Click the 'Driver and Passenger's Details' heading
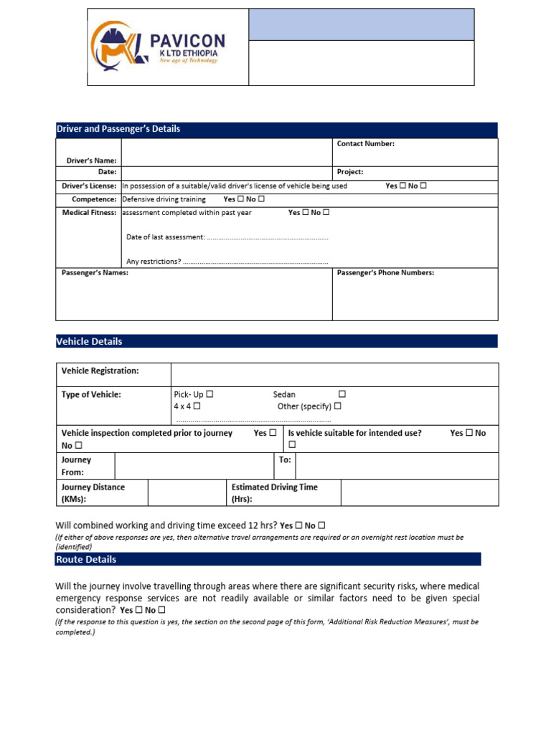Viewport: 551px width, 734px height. coord(118,129)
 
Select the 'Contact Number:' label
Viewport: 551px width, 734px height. coord(366,144)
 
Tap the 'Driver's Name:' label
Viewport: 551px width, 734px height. coord(90,161)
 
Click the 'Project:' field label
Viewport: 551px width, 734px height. coord(350,172)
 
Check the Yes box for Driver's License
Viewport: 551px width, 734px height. coord(402,186)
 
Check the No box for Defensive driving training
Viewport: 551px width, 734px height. coord(261,199)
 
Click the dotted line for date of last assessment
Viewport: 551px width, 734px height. coord(267,237)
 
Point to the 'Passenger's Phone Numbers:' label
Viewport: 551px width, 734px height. coord(385,273)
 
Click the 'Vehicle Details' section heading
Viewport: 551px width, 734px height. coord(89,342)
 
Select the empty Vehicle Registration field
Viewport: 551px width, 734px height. coord(334,374)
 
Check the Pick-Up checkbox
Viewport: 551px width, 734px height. coord(209,395)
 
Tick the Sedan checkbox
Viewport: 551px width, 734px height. coord(342,394)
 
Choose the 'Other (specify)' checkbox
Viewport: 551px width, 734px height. coord(337,406)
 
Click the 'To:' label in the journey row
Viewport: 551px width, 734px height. coord(285,460)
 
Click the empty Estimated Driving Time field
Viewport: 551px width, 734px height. coord(419,492)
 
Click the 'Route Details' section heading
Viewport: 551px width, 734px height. coord(86,559)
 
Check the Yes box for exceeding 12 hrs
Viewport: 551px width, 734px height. coord(298,525)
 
